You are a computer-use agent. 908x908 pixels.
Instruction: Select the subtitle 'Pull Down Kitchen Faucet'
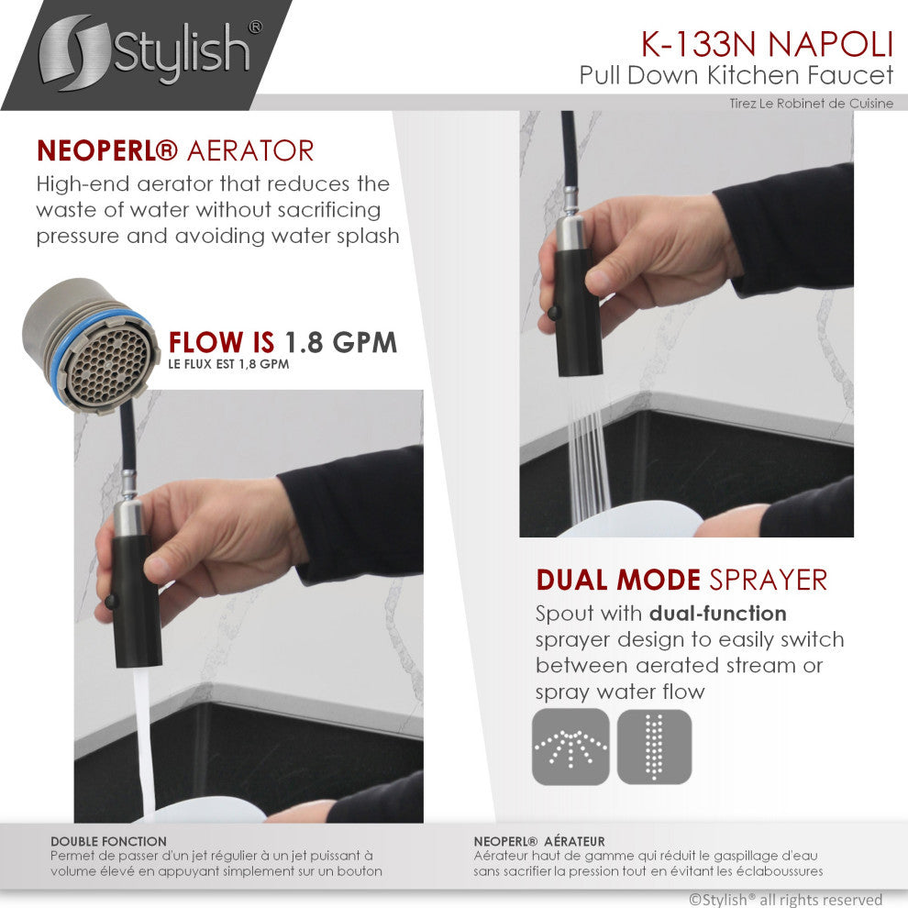tap(736, 74)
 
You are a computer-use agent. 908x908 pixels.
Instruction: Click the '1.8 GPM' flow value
tap(340, 343)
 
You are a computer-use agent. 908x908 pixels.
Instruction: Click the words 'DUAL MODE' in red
tap(618, 580)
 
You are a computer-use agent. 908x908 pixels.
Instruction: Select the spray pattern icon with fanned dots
tap(570, 746)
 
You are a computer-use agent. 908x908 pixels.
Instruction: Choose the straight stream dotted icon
tap(654, 746)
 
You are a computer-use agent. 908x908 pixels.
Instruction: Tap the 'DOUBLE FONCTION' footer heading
tap(108, 840)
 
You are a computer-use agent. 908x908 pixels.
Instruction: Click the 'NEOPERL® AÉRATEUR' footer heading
tap(539, 840)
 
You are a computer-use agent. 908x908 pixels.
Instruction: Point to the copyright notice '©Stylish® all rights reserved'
tap(785, 899)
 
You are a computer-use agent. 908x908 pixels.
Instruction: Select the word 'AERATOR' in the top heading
tap(250, 150)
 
